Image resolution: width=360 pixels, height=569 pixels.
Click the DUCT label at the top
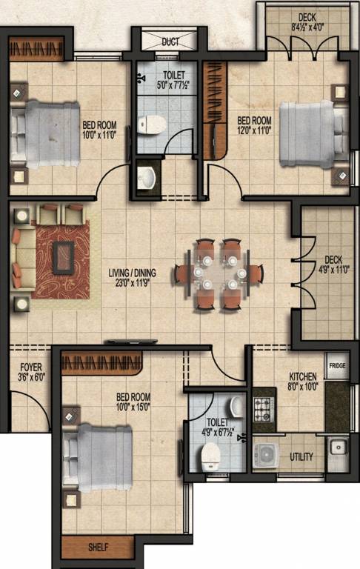pyautogui.click(x=170, y=42)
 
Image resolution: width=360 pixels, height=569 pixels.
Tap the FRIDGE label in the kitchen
pyautogui.click(x=337, y=366)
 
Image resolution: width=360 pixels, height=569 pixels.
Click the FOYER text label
pyautogui.click(x=31, y=367)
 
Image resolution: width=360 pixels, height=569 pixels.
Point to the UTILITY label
pyautogui.click(x=301, y=456)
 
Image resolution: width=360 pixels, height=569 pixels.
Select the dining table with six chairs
pyautogui.click(x=216, y=273)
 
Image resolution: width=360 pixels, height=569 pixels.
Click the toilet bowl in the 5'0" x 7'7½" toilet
pyautogui.click(x=153, y=125)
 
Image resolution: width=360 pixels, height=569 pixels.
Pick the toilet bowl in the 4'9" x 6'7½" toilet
pyautogui.click(x=211, y=456)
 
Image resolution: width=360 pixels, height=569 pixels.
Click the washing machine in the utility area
pyautogui.click(x=265, y=455)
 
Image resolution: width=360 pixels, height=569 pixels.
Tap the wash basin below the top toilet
pyautogui.click(x=147, y=176)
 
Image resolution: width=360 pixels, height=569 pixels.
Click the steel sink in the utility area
pyautogui.click(x=338, y=447)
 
